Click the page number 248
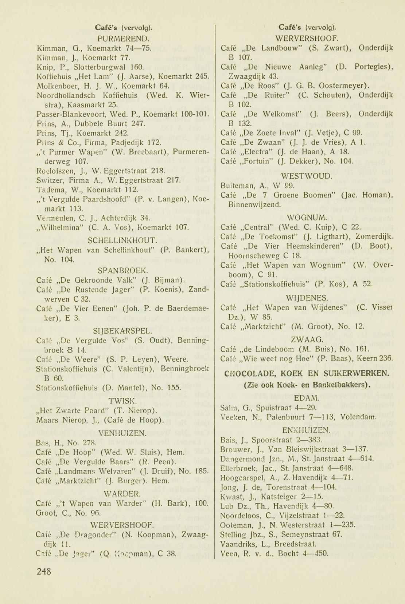(44, 571)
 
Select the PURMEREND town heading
(123, 38)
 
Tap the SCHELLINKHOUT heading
(123, 241)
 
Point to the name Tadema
(50, 190)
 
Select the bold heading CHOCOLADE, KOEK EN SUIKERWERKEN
(307, 373)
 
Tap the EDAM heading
(307, 398)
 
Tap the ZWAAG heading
(307, 340)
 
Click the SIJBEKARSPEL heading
(123, 331)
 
